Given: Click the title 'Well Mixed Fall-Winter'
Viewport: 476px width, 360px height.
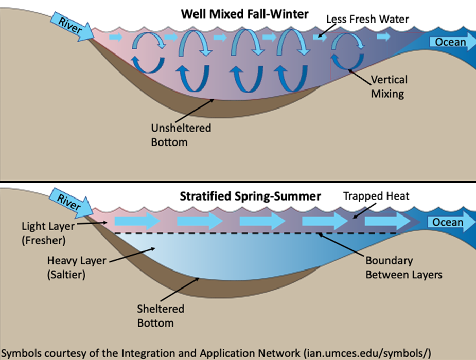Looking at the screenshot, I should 244,14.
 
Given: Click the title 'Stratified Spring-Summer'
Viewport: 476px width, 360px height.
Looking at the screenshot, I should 250,196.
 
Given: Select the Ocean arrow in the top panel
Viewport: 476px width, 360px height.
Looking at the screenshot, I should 451,42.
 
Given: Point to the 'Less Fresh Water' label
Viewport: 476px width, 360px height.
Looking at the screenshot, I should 367,20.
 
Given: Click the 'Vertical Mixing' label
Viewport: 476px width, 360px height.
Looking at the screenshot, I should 389,87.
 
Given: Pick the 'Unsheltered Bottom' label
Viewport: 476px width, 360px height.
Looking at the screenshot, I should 181,134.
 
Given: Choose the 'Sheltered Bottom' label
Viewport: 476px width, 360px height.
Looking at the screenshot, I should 161,316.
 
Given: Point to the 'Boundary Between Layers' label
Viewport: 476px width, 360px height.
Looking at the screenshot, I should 403,267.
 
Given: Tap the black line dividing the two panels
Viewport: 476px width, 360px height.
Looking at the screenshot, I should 238,182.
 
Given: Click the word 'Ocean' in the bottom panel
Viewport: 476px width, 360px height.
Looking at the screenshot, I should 448,222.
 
